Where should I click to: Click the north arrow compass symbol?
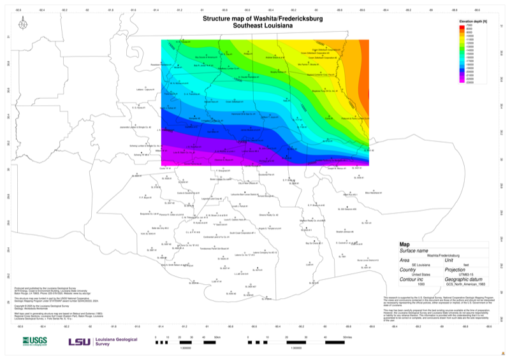pos(23,25)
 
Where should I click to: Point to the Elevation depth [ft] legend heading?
pos(473,21)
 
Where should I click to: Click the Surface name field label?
pos(414,250)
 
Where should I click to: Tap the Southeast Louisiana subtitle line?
pos(263,27)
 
